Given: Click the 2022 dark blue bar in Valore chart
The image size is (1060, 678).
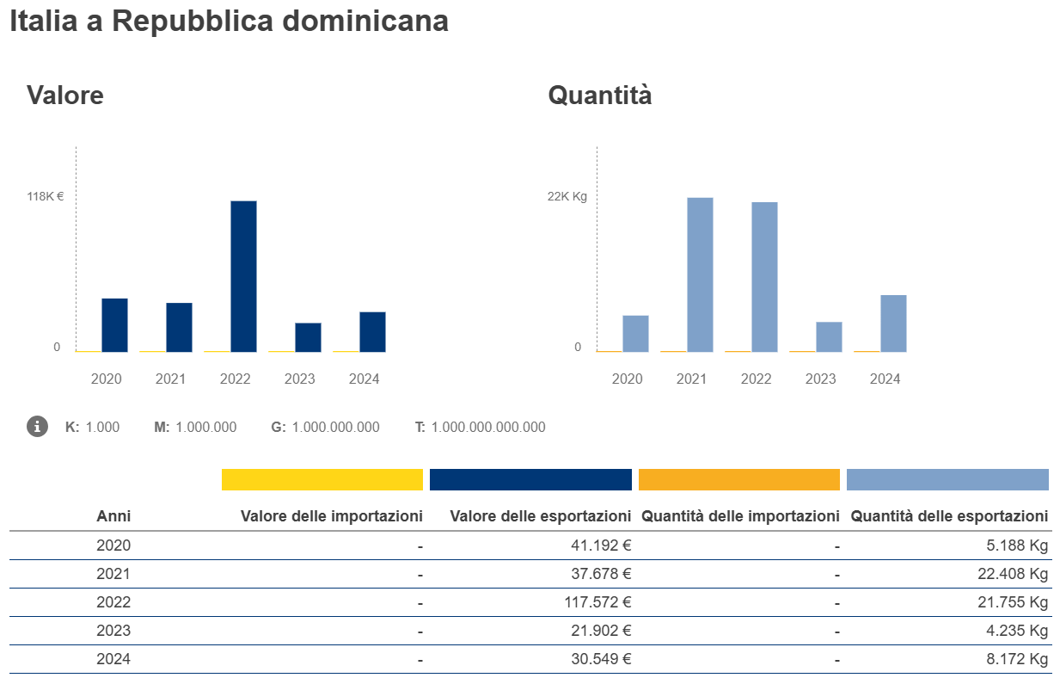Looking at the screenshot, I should (243, 276).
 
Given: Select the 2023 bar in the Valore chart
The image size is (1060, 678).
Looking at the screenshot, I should (308, 337).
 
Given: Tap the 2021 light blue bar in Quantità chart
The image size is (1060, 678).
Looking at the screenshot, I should (700, 274).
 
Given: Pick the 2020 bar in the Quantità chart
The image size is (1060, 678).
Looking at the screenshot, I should (635, 334).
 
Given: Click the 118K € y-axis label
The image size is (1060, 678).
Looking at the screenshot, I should (46, 196).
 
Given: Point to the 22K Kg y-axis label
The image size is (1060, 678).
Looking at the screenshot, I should (567, 196).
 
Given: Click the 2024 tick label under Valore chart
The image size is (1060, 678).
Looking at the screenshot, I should (364, 379).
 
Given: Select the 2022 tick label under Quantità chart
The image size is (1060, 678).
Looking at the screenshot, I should (756, 379).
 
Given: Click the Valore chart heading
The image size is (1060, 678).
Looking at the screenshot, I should (65, 95).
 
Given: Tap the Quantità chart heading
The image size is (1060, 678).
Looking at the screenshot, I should (600, 95).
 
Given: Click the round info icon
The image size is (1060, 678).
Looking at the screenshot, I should (37, 426).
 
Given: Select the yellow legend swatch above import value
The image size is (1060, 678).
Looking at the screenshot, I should (322, 479).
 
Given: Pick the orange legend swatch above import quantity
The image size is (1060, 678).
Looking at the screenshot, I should (739, 479).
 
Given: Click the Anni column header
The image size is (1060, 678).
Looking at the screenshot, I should (113, 516).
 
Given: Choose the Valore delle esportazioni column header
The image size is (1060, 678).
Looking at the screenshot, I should (541, 516).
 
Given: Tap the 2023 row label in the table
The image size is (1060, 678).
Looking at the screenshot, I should (113, 631).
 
